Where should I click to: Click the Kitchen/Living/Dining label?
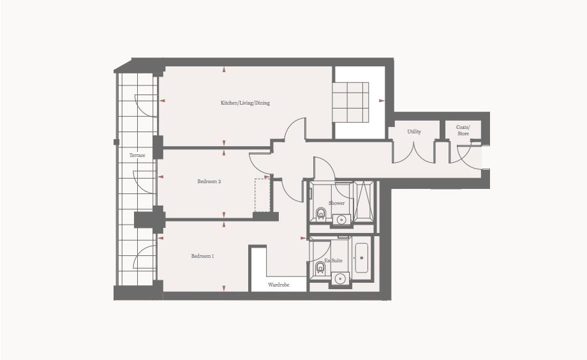[245, 103]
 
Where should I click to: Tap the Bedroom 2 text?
[209, 182]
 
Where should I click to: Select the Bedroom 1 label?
[202, 257]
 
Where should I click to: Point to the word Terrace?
[137, 156]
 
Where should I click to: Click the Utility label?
[414, 132]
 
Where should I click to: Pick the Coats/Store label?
[463, 130]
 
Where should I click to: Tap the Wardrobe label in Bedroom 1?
[278, 285]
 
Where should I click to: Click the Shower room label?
[336, 203]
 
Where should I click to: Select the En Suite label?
[333, 261]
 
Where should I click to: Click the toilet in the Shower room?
[320, 213]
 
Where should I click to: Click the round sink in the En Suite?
[341, 278]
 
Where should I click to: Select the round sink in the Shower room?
[341, 220]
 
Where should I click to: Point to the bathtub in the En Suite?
[361, 258]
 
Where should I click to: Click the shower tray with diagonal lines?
[365, 199]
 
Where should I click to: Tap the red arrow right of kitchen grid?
[382, 101]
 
